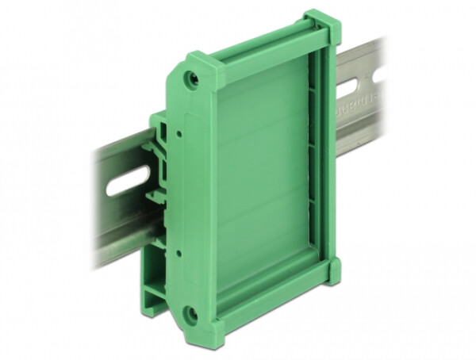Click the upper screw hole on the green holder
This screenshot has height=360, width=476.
(191, 79)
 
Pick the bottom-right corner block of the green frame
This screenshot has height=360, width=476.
(332, 272)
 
